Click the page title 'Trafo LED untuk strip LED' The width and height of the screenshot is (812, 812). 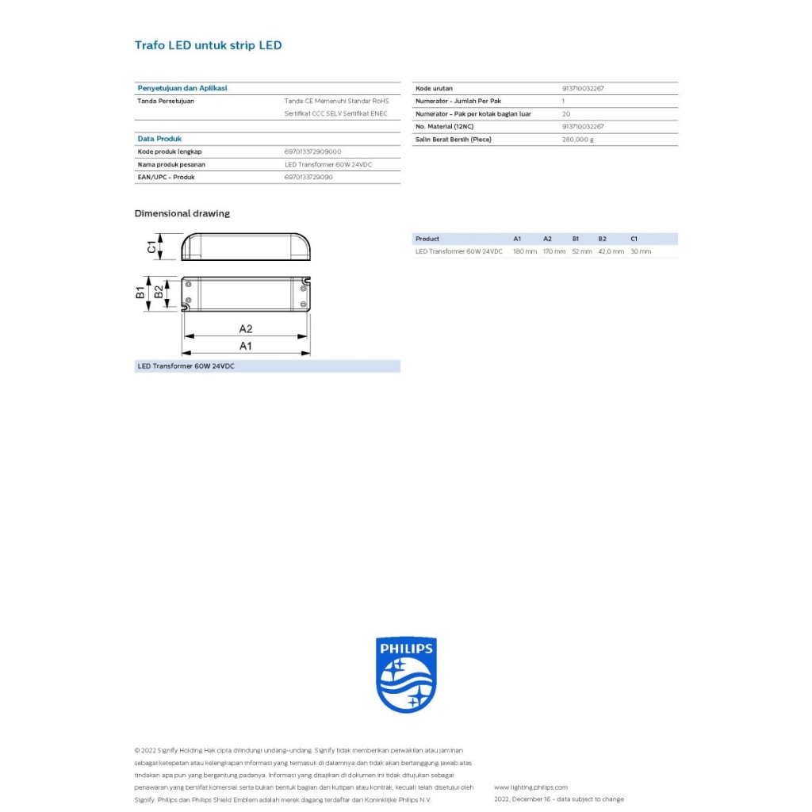point(208,45)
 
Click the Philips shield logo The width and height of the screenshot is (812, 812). point(406,675)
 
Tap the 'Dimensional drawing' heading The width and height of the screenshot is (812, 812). point(182,213)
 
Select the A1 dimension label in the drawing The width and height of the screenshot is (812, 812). point(246,346)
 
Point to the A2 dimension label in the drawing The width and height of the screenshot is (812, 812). point(246,328)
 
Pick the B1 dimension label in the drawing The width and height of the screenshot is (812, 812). point(140,293)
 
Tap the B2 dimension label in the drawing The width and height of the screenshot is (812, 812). point(159,293)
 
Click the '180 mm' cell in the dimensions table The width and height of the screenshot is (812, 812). point(524,251)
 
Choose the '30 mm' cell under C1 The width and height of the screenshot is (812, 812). point(640,251)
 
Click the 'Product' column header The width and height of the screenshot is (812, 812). point(427,239)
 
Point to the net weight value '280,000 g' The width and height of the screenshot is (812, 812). point(577,140)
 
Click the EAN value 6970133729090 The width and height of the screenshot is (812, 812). point(308,177)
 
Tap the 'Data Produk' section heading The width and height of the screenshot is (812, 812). point(159,139)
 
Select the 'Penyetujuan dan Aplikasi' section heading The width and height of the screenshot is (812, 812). point(182,88)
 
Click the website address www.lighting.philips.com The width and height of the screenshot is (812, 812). point(530,787)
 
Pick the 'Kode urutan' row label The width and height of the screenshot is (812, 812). point(434,89)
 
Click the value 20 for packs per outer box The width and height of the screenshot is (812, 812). point(565,114)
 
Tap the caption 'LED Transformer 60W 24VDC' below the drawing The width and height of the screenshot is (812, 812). point(186,366)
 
